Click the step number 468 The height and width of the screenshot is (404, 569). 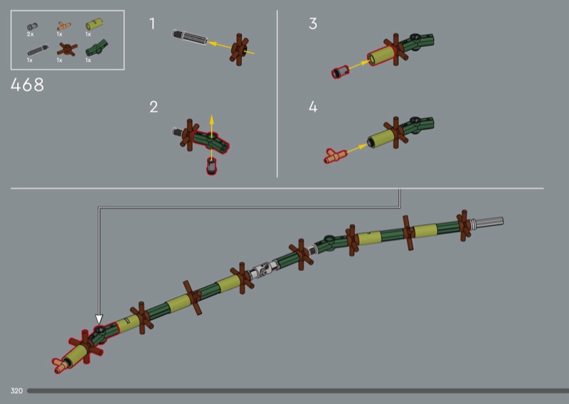[27, 85]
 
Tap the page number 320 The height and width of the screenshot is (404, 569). [16, 391]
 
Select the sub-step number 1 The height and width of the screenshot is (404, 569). [152, 23]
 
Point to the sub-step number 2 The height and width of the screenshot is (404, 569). [154, 107]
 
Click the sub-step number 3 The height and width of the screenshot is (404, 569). [313, 23]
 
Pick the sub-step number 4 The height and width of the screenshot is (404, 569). [313, 107]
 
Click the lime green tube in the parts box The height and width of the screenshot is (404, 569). [94, 24]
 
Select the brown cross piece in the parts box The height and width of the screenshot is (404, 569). [67, 49]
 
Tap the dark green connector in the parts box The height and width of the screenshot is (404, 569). [97, 48]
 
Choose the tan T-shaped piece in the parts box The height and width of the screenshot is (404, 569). [63, 26]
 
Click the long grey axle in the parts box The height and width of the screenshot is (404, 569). [38, 51]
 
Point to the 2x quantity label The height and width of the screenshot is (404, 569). [30, 34]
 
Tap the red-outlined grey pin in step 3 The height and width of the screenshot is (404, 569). [340, 72]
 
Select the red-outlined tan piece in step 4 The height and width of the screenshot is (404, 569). [335, 156]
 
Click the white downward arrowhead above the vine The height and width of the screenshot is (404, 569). [99, 319]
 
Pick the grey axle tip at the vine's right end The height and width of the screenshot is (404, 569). [488, 222]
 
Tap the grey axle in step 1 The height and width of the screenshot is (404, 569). [189, 38]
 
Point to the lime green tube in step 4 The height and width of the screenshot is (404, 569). [381, 138]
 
